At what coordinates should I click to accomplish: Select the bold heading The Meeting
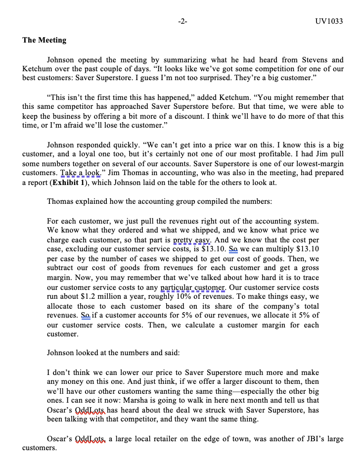(44, 40)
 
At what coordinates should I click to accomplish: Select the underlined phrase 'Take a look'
(80, 173)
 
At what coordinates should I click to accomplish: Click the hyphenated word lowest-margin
(294, 164)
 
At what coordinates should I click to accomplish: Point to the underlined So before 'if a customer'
(86, 316)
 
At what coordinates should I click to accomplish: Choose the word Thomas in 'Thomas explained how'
(59, 202)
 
